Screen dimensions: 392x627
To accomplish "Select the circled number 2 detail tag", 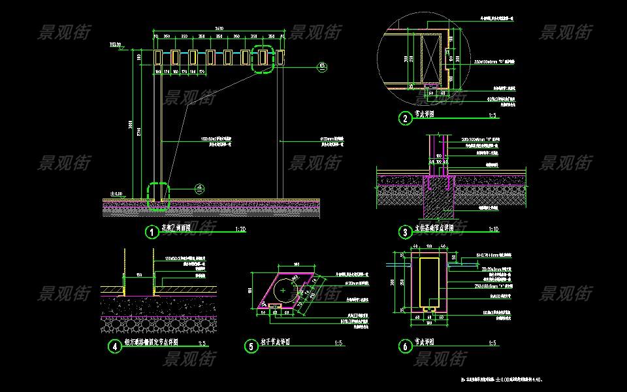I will [x=406, y=118].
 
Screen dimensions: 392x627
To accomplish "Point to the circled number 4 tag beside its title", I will [x=116, y=346].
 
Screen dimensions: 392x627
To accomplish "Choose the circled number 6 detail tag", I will [x=406, y=346].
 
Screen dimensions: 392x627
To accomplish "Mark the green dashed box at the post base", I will [x=158, y=196].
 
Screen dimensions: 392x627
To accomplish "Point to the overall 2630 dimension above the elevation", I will [x=219, y=29].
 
